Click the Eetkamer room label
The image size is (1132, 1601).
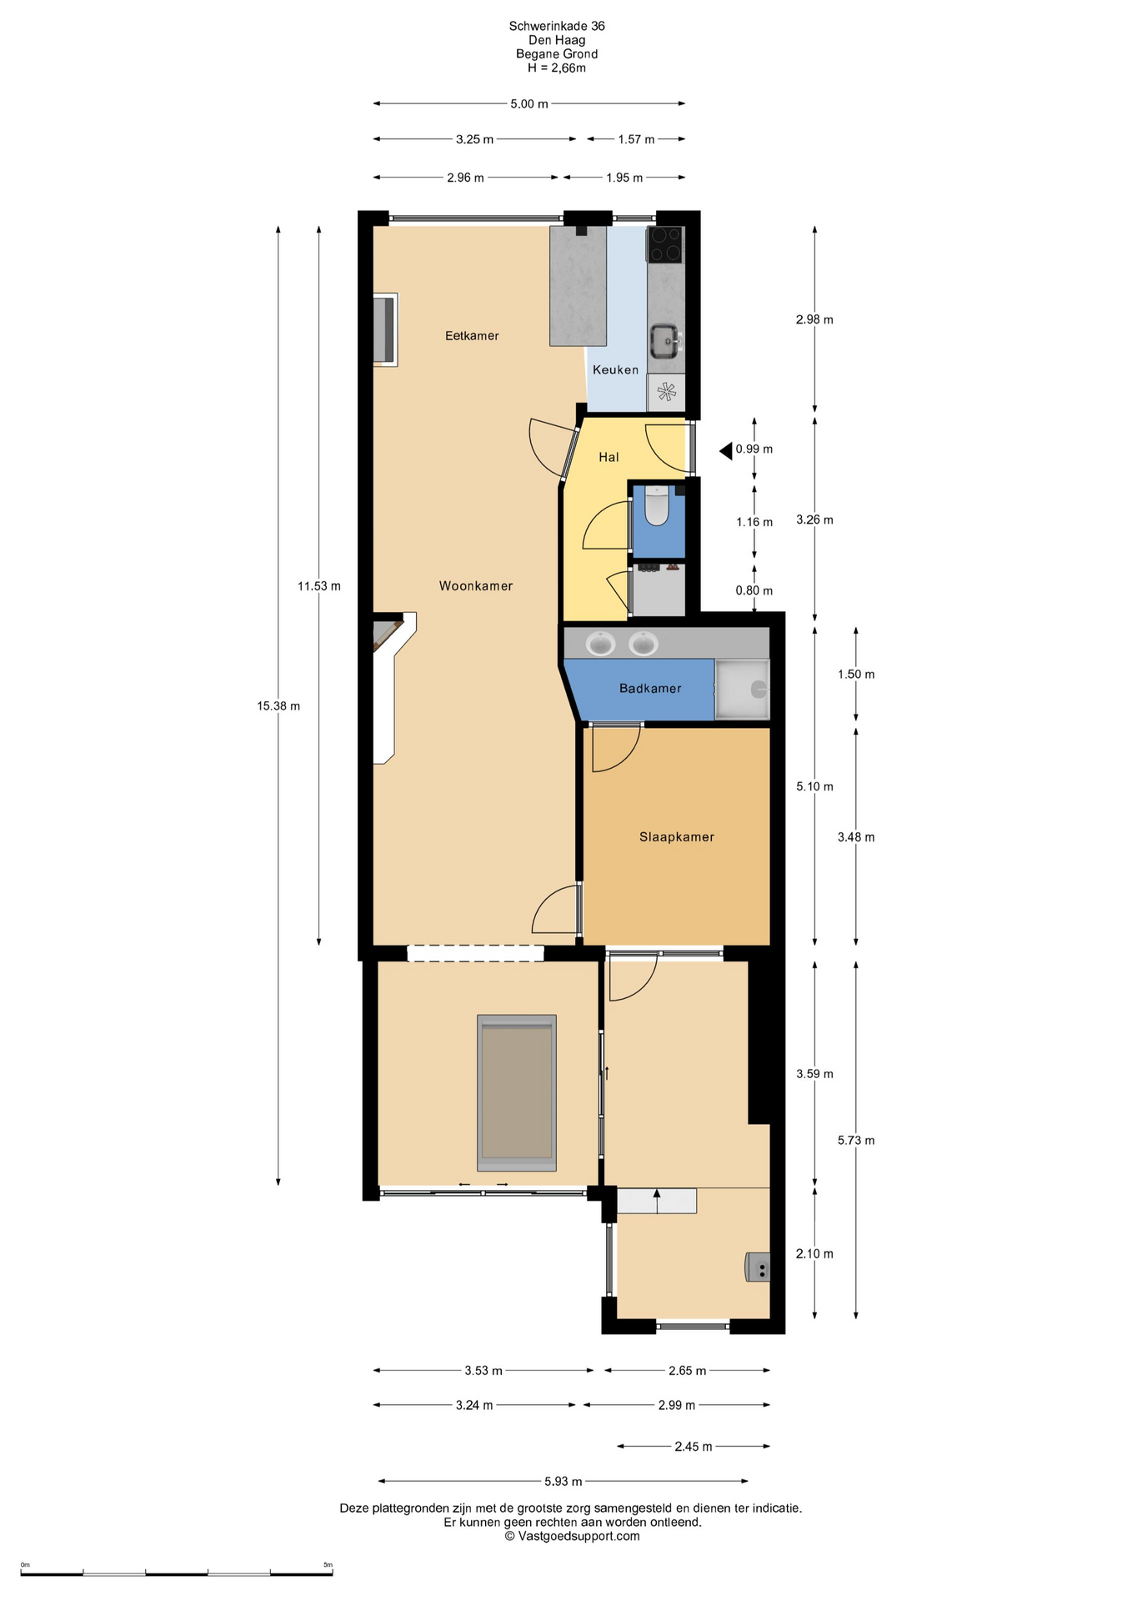472,336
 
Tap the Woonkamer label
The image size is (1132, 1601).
476,586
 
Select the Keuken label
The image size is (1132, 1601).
616,370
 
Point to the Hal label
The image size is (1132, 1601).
609,457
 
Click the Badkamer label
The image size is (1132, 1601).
650,689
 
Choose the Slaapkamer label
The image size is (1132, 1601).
677,837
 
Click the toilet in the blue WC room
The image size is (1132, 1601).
657,506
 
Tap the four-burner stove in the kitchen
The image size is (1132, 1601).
665,244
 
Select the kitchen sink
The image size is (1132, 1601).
665,340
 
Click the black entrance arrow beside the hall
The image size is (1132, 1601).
726,451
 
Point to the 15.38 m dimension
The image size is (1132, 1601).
278,706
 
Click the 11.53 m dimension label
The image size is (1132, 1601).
319,586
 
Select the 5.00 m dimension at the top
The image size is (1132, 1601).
529,104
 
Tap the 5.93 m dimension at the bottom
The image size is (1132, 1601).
563,1482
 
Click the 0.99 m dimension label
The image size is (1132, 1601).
754,449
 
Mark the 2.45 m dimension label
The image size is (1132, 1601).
694,1447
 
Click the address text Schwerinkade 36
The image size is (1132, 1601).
557,26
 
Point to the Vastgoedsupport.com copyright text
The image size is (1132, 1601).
572,1536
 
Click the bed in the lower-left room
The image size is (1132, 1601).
517,1093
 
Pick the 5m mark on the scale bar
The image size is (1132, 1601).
328,1564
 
